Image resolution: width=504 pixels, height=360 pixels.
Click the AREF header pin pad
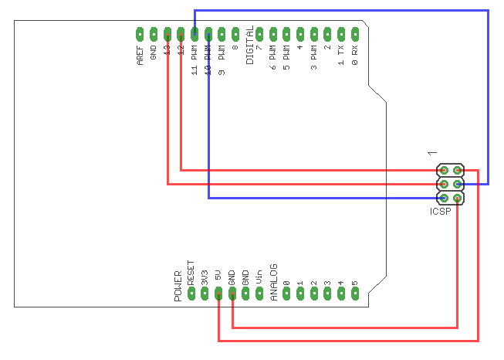(140, 34)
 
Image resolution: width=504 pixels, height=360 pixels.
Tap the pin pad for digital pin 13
(167, 34)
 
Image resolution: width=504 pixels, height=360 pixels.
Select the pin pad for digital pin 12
(181, 34)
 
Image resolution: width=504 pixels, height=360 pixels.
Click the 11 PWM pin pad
(194, 34)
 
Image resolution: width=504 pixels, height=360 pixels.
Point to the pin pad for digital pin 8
(235, 34)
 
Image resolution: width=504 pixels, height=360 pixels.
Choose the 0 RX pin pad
(355, 34)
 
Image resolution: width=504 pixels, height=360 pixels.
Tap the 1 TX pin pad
(341, 34)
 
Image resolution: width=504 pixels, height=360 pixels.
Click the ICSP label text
(441, 211)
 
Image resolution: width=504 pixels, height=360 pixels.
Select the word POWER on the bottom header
(178, 285)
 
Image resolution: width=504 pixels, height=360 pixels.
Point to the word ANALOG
(273, 284)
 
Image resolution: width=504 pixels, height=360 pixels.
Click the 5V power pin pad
(218, 294)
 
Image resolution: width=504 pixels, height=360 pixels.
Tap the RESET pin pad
(191, 294)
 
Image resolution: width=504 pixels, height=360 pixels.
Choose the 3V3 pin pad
(205, 294)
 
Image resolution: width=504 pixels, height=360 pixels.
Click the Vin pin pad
(259, 294)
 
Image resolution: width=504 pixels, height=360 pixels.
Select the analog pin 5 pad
(355, 294)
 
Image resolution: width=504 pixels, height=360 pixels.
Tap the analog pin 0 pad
(286, 294)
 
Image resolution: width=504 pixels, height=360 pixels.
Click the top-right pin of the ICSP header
(458, 170)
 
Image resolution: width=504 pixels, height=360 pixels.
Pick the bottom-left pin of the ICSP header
(444, 198)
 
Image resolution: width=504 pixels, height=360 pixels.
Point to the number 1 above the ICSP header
(432, 155)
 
